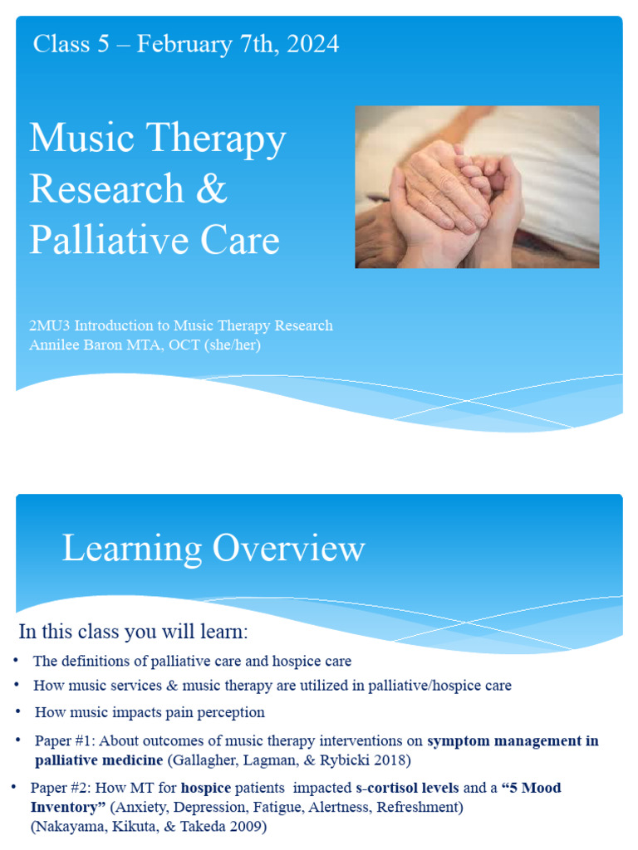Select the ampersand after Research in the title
tap(213, 188)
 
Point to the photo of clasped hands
tap(477, 187)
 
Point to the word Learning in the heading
tap(132, 549)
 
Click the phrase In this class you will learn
tap(133, 632)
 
